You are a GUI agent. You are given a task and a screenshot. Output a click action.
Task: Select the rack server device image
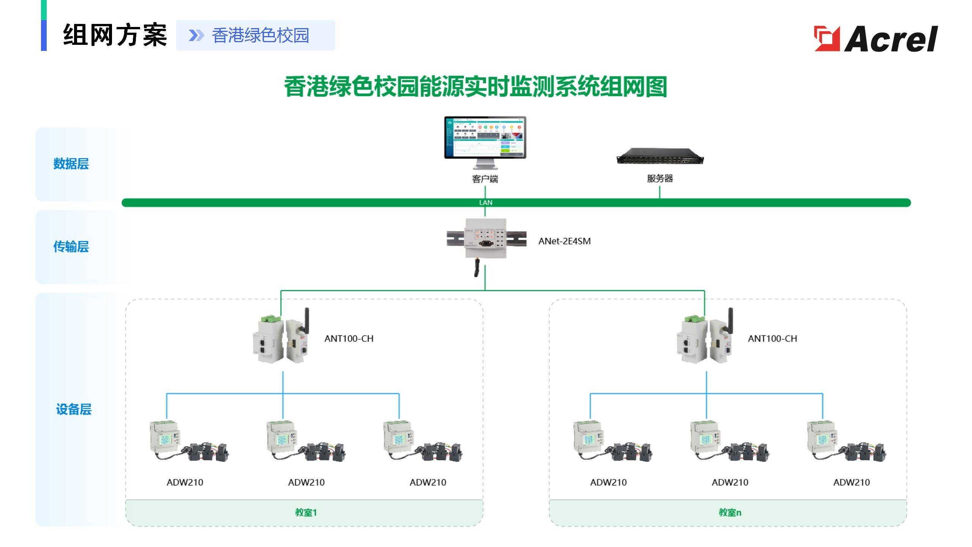pos(660,156)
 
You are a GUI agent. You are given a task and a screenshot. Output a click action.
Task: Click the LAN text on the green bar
pos(486,203)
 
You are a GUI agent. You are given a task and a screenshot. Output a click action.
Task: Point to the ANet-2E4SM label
pos(565,241)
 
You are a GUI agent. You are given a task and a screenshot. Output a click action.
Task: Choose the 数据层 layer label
pos(71,164)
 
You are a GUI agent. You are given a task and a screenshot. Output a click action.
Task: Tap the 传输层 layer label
pos(71,247)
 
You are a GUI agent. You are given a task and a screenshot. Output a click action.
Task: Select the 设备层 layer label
pos(74,409)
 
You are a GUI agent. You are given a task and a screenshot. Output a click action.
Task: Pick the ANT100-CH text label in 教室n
pos(772,338)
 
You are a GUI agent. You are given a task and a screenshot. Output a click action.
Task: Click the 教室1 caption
pos(306,512)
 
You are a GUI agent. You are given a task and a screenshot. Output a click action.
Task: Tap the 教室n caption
pos(730,512)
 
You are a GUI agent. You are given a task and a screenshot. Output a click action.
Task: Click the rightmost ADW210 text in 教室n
pos(851,482)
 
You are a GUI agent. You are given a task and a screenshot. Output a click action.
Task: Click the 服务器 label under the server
pos(660,179)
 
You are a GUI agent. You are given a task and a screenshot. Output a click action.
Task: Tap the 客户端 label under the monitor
pos(485,179)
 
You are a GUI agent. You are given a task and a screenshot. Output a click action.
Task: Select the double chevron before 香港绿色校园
pos(196,35)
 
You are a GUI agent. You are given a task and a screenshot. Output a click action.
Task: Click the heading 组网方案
pos(115,35)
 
